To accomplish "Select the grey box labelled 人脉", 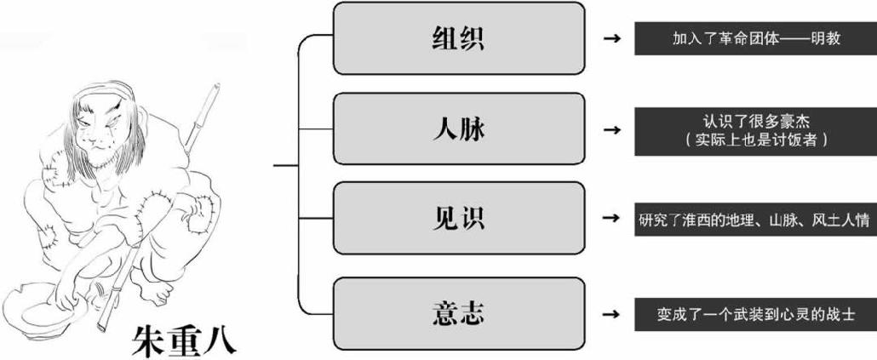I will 458,129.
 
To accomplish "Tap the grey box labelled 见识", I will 458,219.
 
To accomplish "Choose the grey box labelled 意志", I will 458,313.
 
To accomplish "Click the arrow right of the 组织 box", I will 610,39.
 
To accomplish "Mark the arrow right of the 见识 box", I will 610,219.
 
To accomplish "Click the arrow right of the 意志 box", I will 610,313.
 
